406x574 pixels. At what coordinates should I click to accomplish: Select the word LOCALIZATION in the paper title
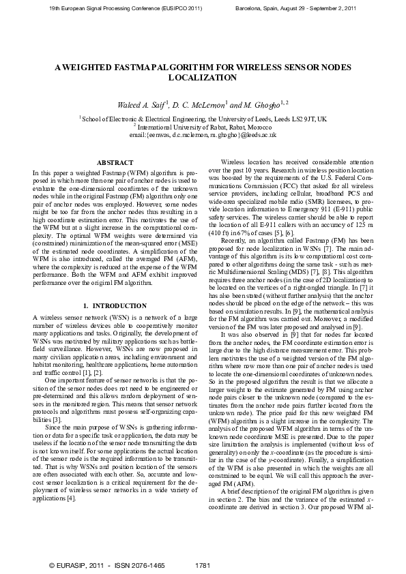point(203,78)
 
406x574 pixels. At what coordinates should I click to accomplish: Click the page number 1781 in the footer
point(202,566)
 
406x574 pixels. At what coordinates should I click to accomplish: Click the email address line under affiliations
point(203,135)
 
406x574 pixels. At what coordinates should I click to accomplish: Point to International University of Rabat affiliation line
point(203,127)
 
